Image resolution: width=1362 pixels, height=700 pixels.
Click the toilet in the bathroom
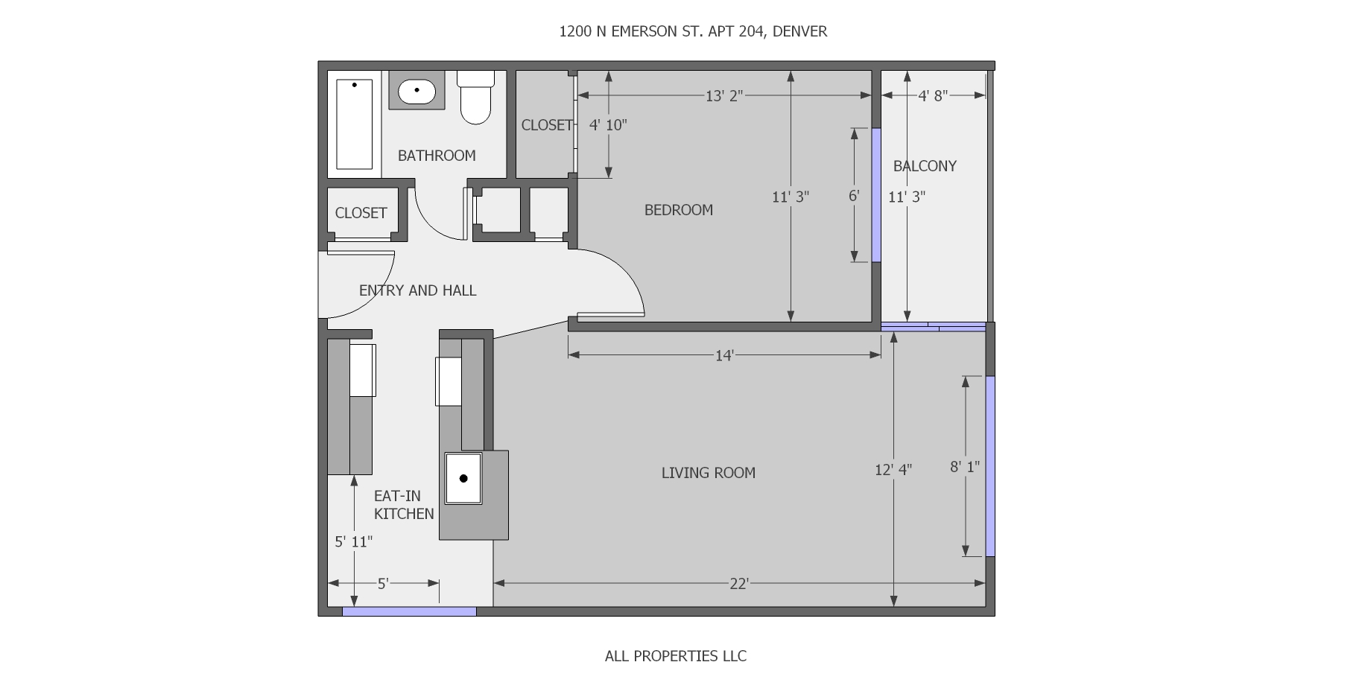point(475,98)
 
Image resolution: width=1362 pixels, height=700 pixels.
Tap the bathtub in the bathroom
point(354,124)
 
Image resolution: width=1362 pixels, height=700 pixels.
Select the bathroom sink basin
point(416,92)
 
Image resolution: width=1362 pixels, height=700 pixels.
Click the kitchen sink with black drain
point(463,478)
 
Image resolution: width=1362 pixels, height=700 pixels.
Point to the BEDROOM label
point(678,210)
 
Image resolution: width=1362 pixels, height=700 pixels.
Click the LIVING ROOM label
point(708,473)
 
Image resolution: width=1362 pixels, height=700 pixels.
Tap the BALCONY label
point(925,166)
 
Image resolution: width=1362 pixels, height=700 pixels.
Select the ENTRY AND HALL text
point(417,290)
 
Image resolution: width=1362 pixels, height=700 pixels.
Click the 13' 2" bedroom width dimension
point(724,95)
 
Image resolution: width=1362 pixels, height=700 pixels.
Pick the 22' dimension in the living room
point(738,584)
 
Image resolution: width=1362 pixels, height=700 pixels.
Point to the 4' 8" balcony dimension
point(932,95)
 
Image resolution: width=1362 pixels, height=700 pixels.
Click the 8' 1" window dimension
point(965,467)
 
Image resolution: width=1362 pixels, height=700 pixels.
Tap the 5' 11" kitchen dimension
point(353,541)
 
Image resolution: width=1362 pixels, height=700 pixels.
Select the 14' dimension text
point(724,356)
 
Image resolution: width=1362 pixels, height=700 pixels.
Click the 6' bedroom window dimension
point(854,196)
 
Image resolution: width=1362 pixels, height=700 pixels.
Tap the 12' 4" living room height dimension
point(893,470)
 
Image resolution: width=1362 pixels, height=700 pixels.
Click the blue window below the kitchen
point(409,611)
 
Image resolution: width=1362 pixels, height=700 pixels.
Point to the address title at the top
point(693,31)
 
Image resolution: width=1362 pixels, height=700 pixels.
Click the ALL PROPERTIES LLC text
point(675,656)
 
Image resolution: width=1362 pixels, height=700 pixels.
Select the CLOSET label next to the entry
point(361,213)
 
